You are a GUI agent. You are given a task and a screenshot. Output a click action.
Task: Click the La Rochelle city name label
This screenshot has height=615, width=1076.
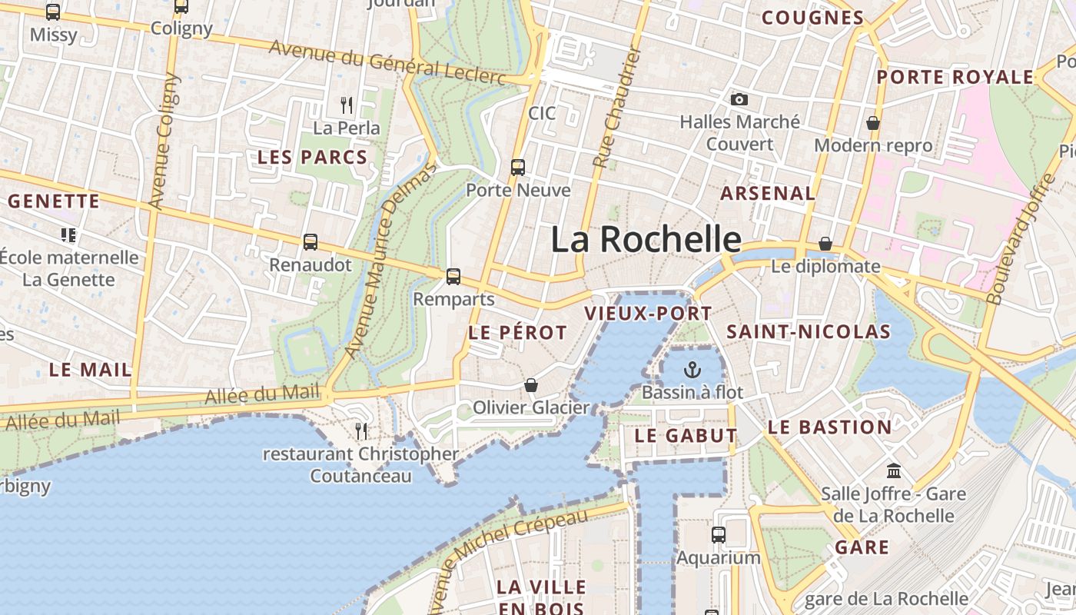pos(646,240)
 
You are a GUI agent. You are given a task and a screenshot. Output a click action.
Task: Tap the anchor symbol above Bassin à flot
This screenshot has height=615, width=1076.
pos(692,369)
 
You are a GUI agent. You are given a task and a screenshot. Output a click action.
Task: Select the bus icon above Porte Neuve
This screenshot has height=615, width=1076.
pos(518,167)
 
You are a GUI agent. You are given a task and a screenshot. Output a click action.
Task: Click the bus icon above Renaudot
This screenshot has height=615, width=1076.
pos(311,242)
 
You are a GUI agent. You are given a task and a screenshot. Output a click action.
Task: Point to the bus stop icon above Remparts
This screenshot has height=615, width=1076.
pos(453,276)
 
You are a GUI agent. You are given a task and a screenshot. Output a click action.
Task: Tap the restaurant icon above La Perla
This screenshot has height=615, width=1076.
pos(347,105)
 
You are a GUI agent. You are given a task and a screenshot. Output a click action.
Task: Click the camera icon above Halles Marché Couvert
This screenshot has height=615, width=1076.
pos(739,99)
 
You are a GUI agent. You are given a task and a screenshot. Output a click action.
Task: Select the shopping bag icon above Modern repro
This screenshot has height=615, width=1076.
pos(873,123)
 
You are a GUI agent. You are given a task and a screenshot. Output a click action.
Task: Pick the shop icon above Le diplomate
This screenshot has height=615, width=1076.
pos(825,244)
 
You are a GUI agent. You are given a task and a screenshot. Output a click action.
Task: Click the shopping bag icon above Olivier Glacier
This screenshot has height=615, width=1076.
pos(531,384)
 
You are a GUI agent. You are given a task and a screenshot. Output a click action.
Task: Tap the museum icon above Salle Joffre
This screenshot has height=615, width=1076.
pos(893,470)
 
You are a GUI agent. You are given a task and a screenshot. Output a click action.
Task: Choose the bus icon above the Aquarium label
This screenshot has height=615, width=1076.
pos(719,534)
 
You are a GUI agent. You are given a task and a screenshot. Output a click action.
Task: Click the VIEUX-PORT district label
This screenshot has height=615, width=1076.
pos(648,314)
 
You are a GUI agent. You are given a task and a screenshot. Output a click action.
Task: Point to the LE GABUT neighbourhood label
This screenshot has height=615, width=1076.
pos(686,436)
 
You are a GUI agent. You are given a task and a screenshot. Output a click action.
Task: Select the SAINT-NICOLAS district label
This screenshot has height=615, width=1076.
pos(808,332)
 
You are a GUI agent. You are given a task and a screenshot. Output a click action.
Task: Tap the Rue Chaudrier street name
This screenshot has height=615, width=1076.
pos(617,108)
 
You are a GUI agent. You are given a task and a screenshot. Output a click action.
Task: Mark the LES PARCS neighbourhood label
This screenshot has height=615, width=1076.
pos(312,158)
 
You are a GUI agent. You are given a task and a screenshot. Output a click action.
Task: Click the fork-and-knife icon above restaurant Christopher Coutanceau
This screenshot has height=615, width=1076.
pos(361,430)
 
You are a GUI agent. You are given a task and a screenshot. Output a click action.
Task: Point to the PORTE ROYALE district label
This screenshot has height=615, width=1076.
pos(955,77)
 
